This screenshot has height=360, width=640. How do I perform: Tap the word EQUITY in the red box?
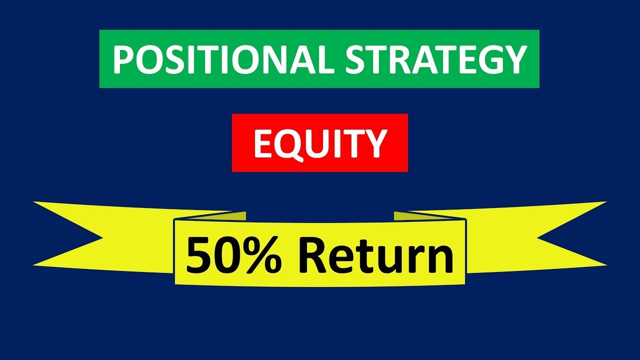tap(320, 143)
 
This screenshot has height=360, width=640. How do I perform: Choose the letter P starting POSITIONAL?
tap(122, 59)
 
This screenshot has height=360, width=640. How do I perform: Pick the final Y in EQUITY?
tap(375, 143)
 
